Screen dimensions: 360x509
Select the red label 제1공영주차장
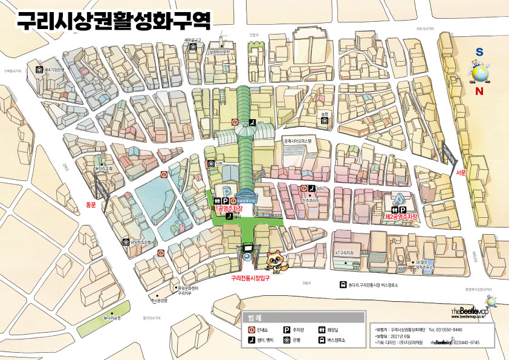click(229, 208)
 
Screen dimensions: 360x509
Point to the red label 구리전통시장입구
click(250, 278)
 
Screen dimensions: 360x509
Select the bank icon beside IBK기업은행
click(39, 70)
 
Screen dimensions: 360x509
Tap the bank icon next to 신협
click(211, 163)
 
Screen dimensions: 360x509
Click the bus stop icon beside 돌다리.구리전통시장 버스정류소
click(343, 285)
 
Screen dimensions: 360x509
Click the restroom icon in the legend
click(322, 330)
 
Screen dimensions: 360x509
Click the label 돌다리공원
click(112, 317)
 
